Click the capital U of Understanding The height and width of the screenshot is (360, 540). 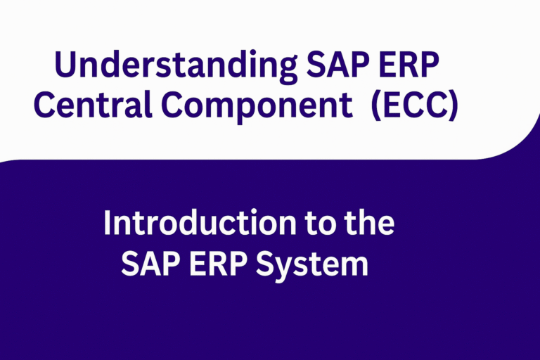(x=65, y=66)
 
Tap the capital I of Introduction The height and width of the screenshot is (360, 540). (x=108, y=224)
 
